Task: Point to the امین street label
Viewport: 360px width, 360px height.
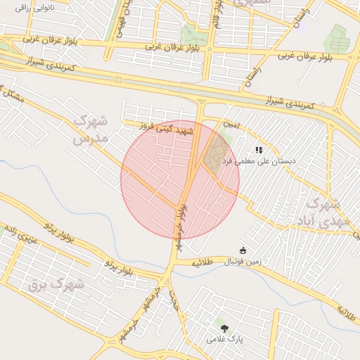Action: (232, 124)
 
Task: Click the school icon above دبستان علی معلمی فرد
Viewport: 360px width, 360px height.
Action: (259, 149)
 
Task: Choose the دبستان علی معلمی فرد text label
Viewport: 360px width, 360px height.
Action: (259, 161)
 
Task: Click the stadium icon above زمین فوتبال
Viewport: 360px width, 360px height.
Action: (243, 250)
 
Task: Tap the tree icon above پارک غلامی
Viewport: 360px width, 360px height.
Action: (224, 328)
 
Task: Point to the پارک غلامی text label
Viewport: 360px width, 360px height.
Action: (224, 339)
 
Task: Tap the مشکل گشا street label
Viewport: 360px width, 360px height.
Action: (13, 95)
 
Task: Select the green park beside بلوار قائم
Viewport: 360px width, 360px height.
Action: (189, 34)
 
